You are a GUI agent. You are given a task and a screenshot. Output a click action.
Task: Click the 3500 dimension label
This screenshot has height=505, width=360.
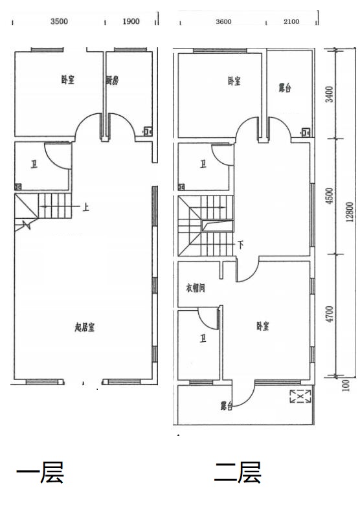point(60,21)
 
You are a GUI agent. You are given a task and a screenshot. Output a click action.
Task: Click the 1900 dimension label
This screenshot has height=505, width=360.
point(131,21)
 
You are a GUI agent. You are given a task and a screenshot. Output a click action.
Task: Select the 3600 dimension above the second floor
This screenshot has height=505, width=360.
point(223,21)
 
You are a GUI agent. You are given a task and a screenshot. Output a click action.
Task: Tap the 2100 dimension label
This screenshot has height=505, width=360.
point(291,21)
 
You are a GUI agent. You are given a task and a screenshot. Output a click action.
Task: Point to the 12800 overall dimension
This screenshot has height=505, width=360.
point(350,212)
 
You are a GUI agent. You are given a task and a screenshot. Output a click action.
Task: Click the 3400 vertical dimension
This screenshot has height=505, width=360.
point(330,94)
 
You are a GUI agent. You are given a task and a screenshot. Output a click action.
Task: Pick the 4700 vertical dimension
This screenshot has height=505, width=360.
point(330,315)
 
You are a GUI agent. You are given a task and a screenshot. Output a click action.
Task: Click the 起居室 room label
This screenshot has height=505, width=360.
point(85,328)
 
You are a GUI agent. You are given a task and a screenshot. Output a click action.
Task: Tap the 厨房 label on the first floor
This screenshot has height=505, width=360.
point(113,80)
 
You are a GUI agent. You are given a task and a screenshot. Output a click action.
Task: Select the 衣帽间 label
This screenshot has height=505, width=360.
point(196,287)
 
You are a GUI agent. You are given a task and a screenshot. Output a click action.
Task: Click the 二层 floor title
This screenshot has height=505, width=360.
point(238,472)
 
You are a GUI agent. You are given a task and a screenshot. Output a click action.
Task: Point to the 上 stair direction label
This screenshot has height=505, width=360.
point(85,207)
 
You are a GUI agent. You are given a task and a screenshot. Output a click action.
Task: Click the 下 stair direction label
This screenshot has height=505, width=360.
point(240,245)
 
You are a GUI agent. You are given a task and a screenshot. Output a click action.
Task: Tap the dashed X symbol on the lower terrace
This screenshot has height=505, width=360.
point(300,396)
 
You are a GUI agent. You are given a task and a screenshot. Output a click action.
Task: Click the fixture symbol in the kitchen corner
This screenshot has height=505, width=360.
point(148,131)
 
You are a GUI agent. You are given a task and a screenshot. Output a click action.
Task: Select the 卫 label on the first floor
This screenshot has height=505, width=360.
point(34,165)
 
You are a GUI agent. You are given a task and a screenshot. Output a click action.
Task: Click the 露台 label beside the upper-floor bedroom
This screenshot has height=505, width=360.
point(285,87)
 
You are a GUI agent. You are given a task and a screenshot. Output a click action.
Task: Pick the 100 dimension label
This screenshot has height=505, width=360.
point(346,385)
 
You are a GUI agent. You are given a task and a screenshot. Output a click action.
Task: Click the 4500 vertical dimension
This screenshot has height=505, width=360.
point(330,196)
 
